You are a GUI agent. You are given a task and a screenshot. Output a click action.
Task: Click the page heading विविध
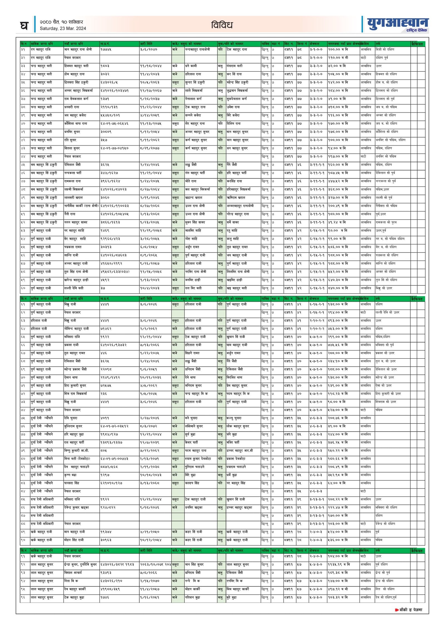tap(222, 25)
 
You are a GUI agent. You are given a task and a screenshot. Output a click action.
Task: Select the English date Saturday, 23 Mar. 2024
tap(63, 28)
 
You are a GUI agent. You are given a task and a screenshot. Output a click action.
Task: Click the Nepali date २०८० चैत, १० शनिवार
tap(61, 22)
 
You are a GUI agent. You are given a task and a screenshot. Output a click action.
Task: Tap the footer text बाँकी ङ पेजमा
tap(411, 610)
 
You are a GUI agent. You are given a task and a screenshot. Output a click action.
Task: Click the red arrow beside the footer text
tap(397, 610)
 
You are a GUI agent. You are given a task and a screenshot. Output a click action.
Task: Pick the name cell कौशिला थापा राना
tap(76, 124)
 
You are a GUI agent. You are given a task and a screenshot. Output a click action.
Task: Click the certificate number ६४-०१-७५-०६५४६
tap(114, 124)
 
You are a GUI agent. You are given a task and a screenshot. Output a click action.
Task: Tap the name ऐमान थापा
tap(71, 377)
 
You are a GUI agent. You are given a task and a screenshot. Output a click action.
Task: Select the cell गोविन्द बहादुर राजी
tap(76, 329)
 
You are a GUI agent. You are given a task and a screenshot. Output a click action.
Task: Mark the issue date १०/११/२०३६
tap(150, 377)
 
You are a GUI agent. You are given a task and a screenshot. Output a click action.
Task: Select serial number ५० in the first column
tap(23, 206)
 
